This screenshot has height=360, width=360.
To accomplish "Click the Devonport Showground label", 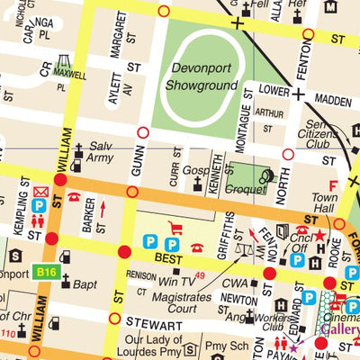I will point(197,76).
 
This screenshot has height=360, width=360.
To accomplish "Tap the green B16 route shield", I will point(46,271).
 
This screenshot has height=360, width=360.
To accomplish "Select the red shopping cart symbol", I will point(175,229).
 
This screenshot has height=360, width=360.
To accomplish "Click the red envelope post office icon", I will point(40,192).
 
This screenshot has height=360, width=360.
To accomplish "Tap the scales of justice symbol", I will point(240,248).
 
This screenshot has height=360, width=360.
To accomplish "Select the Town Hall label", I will point(323,202).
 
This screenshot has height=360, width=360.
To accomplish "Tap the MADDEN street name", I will point(335,101).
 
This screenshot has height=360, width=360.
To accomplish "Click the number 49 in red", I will point(199,274).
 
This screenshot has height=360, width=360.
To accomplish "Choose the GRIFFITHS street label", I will point(229,229).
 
